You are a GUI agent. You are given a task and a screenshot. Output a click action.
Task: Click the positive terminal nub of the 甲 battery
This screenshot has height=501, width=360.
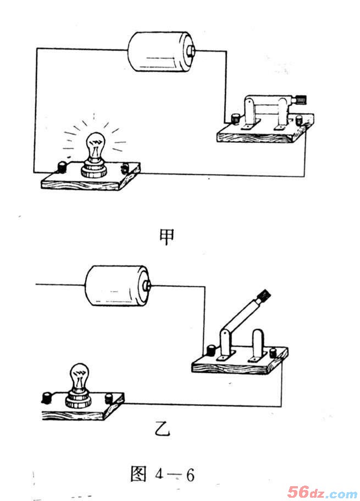(191, 51)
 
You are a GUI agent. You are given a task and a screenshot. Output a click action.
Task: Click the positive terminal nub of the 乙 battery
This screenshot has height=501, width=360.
(147, 285)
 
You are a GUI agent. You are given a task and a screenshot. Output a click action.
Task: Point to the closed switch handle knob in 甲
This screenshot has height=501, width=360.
(301, 99)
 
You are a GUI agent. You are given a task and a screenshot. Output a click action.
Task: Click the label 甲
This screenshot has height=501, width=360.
(167, 236)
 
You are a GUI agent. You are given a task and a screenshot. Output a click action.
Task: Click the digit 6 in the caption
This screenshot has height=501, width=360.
(190, 475)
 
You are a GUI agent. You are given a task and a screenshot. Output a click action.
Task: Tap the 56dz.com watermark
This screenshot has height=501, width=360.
(322, 492)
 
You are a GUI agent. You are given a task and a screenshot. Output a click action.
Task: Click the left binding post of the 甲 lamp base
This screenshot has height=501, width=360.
(62, 168)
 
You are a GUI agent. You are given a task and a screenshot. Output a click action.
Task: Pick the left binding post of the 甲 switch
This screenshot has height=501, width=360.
(236, 118)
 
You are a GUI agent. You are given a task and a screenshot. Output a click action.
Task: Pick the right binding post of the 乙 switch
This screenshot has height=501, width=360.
(273, 353)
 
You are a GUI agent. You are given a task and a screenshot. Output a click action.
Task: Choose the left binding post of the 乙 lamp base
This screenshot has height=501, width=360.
(47, 398)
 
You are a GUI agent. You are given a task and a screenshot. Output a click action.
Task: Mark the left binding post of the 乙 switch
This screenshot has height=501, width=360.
(212, 350)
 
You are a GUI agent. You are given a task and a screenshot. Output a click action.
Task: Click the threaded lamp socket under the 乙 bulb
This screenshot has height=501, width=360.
(79, 399)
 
